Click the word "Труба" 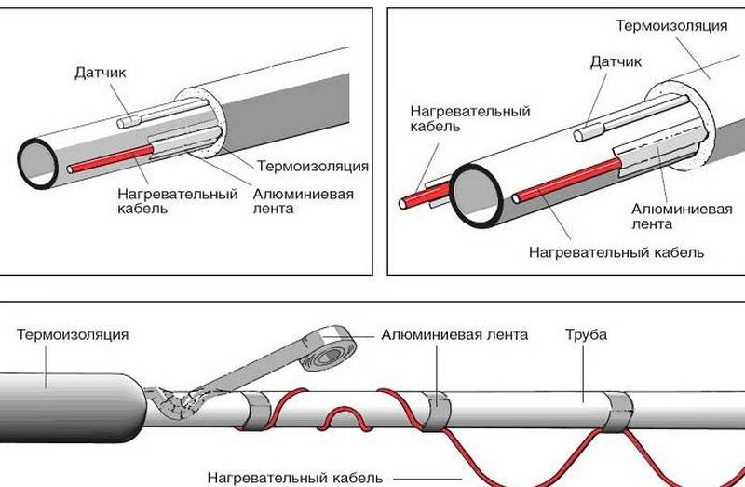(x=586, y=334)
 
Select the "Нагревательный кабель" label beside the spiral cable (x=295, y=478)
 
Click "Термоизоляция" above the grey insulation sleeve (x=73, y=334)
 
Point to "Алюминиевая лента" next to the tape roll (x=454, y=335)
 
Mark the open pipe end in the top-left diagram (x=37, y=163)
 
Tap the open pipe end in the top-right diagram (x=476, y=196)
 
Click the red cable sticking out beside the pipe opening (x=423, y=196)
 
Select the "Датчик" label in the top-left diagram (x=101, y=73)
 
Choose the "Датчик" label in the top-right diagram (x=616, y=61)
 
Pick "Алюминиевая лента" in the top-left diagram (x=304, y=201)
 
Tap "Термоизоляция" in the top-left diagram (x=313, y=167)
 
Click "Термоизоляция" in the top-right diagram (x=671, y=26)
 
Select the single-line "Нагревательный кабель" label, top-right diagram (x=616, y=252)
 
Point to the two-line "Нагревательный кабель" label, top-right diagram (x=470, y=119)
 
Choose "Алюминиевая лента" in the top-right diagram (x=682, y=216)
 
